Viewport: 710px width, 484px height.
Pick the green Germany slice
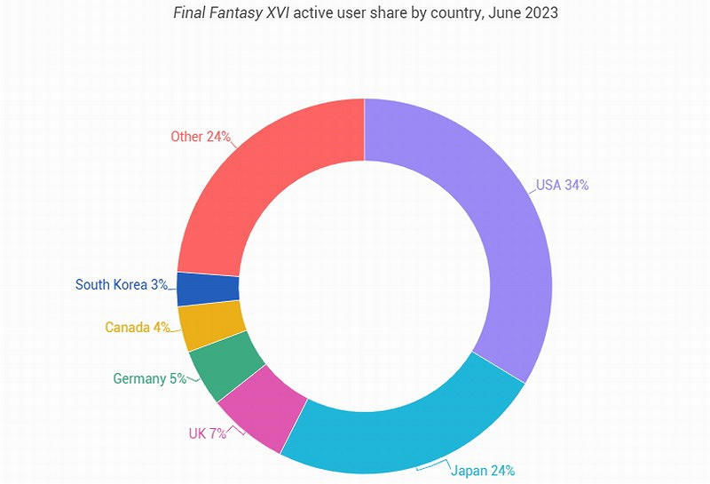coord(226,368)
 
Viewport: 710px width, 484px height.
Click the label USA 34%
coord(562,186)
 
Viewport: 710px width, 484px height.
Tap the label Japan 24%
coord(483,470)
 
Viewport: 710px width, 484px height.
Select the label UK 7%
coord(207,433)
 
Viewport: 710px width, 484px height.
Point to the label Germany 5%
coord(149,378)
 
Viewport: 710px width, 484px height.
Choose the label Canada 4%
coord(137,327)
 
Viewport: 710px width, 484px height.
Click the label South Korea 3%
coord(121,284)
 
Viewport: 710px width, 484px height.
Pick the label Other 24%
coord(201,137)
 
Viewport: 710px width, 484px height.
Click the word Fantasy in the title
coord(236,14)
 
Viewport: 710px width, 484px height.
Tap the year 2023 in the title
coord(541,14)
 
